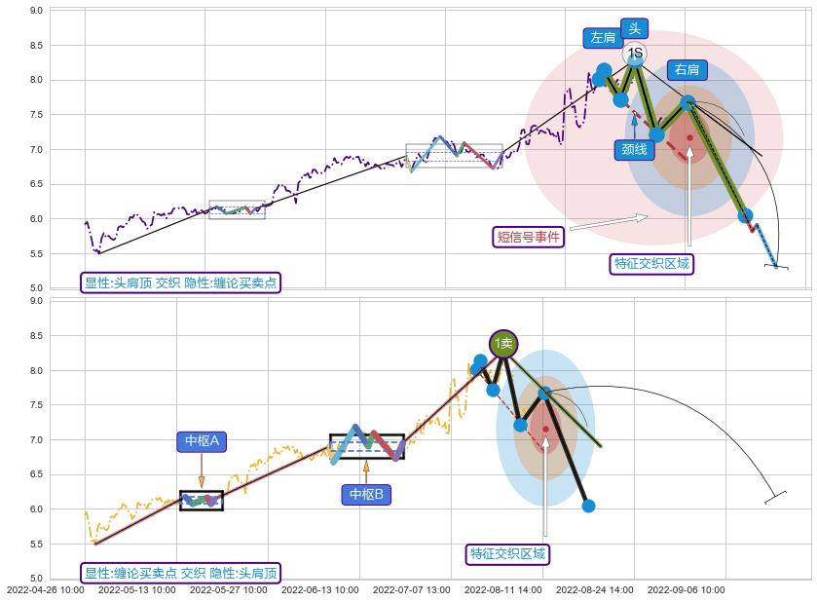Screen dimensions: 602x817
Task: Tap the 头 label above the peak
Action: click(636, 28)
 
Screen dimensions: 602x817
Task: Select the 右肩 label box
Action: click(687, 69)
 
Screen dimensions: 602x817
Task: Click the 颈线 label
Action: click(634, 149)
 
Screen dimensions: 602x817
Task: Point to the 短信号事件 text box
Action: click(530, 236)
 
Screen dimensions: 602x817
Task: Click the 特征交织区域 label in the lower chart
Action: click(508, 553)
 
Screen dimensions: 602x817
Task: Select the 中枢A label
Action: click(202, 441)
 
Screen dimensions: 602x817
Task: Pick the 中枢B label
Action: click(367, 495)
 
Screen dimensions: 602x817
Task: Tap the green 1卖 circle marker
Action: click(503, 343)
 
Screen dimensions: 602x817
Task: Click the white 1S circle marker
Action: click(635, 53)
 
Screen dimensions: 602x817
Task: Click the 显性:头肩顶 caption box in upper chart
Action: click(180, 282)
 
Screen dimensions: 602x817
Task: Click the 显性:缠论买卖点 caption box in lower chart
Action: click(180, 573)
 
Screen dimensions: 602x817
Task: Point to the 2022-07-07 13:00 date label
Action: click(411, 589)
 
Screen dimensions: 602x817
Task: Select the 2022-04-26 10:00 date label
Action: click(45, 589)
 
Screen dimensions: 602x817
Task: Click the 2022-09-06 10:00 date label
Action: click(686, 589)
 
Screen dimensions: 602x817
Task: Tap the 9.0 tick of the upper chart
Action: click(35, 11)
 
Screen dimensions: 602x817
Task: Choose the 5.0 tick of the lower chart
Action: click(35, 579)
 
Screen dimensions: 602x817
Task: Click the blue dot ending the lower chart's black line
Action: click(588, 506)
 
